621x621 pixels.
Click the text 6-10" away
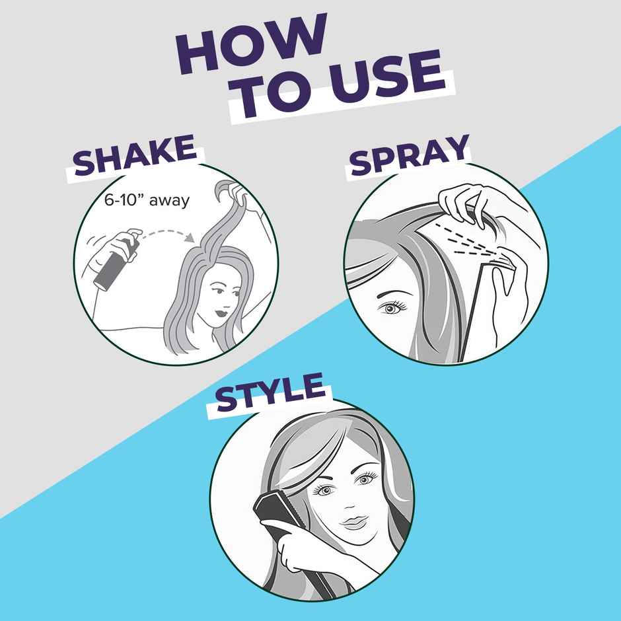pos(147,200)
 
